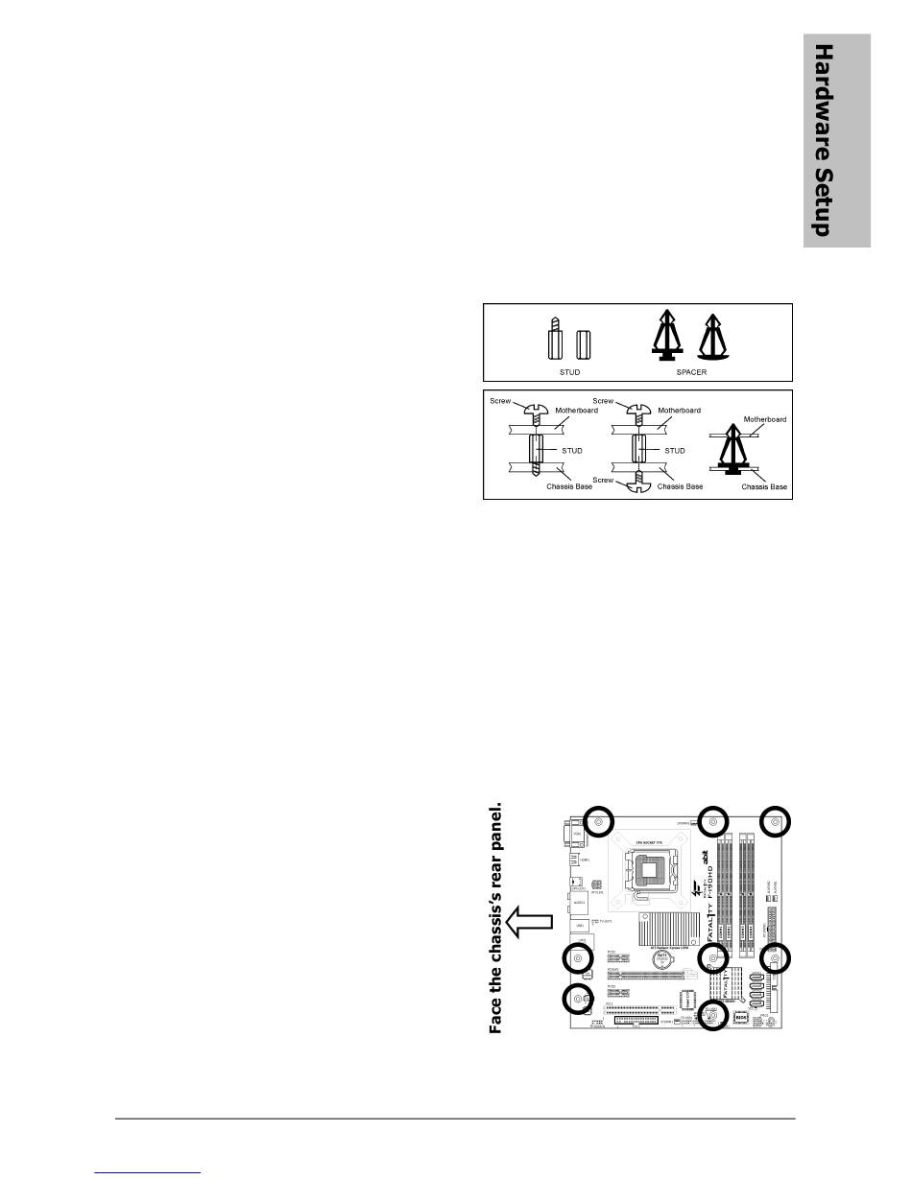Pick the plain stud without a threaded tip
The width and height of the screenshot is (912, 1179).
pyautogui.click(x=581, y=343)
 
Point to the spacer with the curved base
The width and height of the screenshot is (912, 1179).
pyautogui.click(x=714, y=338)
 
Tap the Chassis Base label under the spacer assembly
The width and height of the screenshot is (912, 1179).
pyautogui.click(x=764, y=487)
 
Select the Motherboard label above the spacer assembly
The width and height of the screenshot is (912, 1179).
pyautogui.click(x=765, y=419)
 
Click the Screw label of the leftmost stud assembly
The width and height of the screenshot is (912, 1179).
pyautogui.click(x=500, y=401)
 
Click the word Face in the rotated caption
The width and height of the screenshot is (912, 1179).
pyautogui.click(x=496, y=1016)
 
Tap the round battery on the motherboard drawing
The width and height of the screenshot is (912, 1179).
pyautogui.click(x=661, y=957)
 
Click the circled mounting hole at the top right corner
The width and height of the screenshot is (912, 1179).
pyautogui.click(x=775, y=821)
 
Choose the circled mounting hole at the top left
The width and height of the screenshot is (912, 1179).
pyautogui.click(x=597, y=822)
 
